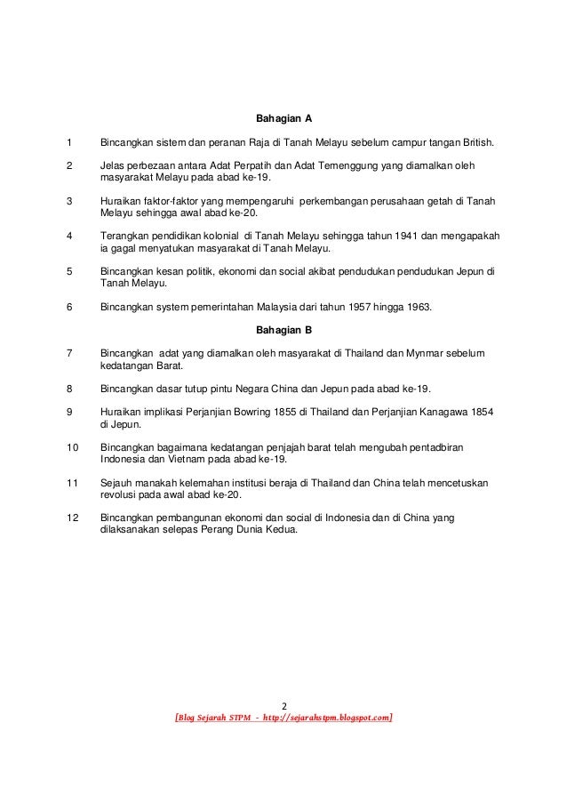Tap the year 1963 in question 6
tap(412, 308)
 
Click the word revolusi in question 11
tap(118, 495)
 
